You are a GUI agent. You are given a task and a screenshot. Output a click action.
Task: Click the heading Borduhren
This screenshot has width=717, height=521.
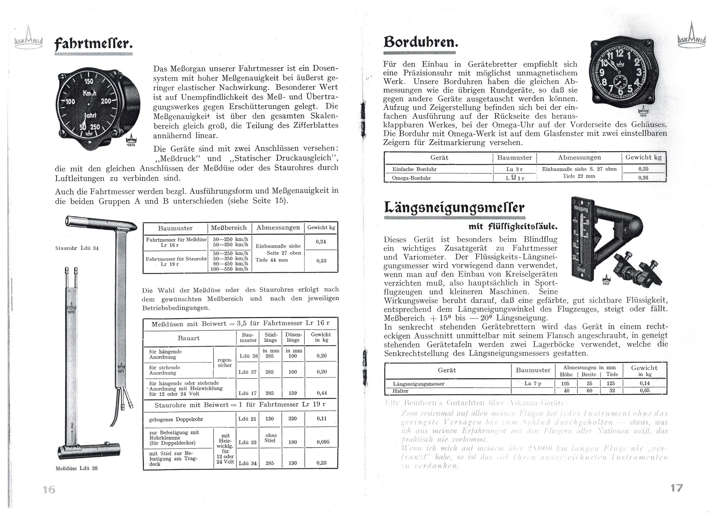click(x=421, y=42)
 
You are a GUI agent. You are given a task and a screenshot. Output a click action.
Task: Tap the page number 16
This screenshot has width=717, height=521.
click(x=49, y=490)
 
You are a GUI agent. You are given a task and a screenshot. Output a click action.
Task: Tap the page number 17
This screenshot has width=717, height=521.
click(x=677, y=488)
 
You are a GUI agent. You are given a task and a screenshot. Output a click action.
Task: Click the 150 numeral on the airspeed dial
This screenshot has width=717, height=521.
click(x=88, y=81)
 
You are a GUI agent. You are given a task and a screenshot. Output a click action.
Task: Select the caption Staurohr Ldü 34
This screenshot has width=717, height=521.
click(x=77, y=248)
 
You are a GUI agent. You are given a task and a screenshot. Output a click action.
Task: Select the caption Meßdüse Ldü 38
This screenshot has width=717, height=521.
click(x=77, y=468)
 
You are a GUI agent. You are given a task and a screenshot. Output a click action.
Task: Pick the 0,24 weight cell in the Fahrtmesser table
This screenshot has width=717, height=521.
click(x=321, y=242)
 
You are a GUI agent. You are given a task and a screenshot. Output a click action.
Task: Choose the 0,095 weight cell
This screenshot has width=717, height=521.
click(x=323, y=442)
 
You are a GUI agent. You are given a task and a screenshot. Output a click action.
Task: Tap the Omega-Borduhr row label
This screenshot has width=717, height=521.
click(x=411, y=178)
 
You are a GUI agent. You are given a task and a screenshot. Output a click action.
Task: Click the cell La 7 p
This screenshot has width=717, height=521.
click(x=533, y=383)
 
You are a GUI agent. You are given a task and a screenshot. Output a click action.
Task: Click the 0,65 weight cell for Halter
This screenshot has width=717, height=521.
click(x=644, y=390)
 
